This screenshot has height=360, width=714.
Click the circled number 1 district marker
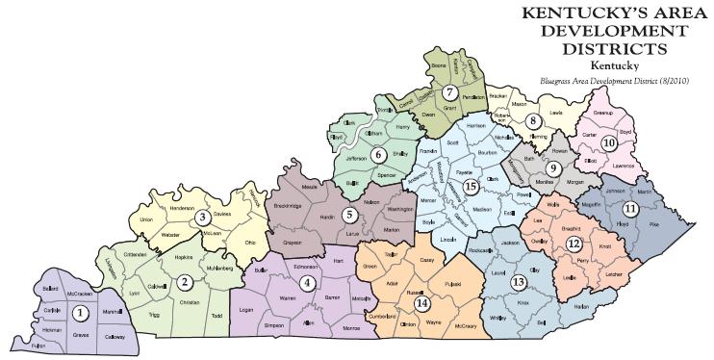pyautogui.click(x=81, y=313)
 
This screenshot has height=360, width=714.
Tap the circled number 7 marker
pyautogui.click(x=449, y=91)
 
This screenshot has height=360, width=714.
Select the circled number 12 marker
pyautogui.click(x=574, y=244)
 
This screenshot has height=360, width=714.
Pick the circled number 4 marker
pyautogui.click(x=308, y=283)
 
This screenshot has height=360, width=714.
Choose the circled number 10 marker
pyautogui.click(x=607, y=142)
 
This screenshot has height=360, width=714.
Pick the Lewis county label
pyautogui.click(x=556, y=113)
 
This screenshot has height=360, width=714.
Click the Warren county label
pyautogui.click(x=287, y=298)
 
